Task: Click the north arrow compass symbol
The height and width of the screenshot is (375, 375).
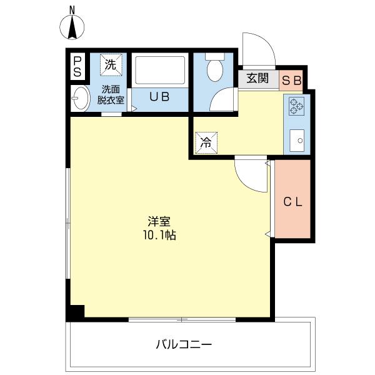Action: coord(72,27)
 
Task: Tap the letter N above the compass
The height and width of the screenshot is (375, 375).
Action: coord(72,9)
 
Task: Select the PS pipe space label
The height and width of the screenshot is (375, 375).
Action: coord(77,66)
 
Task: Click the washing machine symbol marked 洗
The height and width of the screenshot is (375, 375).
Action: coord(111,64)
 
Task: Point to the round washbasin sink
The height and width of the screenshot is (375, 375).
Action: coord(79,98)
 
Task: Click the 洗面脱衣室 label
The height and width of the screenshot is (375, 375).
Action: coord(111,94)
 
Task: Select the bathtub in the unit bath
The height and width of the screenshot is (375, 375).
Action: coord(160,72)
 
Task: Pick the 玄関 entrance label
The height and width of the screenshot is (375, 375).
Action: coord(257,79)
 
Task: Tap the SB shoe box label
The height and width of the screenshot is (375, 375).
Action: coord(292,79)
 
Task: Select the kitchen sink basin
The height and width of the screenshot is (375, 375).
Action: coord(296,139)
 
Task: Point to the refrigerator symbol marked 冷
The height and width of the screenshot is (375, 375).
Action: coord(206,141)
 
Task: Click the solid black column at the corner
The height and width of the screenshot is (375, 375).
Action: coord(76,312)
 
